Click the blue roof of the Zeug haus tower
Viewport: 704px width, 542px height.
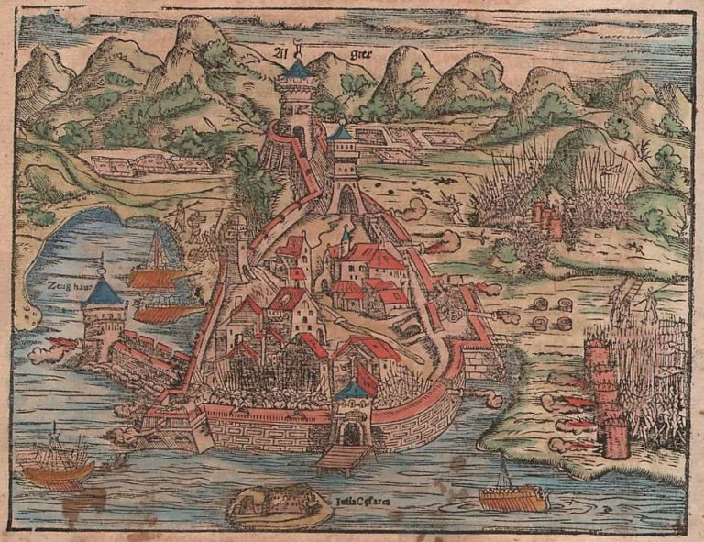click(x=104, y=292)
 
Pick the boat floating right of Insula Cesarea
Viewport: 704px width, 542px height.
click(x=512, y=495)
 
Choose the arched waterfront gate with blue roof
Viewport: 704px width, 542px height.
click(x=351, y=417)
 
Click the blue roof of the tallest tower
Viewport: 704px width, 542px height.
click(x=298, y=69)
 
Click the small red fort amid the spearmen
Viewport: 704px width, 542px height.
click(x=546, y=220)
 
